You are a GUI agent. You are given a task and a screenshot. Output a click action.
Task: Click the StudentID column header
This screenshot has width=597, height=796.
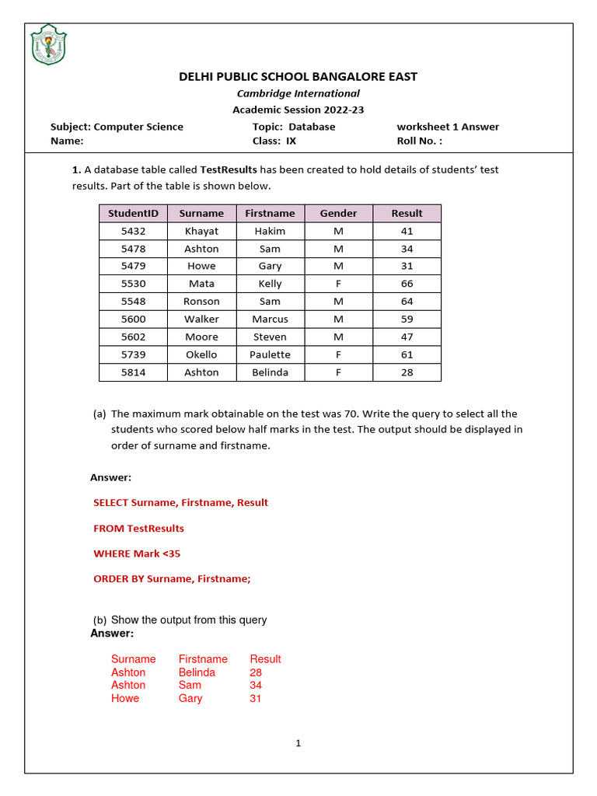click(133, 213)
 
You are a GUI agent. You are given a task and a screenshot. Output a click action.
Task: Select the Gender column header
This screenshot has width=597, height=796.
click(339, 213)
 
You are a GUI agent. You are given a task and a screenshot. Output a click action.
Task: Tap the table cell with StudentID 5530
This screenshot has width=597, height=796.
click(133, 284)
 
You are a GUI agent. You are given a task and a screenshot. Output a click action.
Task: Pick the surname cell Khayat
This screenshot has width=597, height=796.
click(201, 231)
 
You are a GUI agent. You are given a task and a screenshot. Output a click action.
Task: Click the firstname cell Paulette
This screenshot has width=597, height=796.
click(270, 354)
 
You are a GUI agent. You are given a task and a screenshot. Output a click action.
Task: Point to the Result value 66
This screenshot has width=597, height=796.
click(407, 284)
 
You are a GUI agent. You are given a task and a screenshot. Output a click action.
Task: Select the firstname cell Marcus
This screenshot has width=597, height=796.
click(270, 319)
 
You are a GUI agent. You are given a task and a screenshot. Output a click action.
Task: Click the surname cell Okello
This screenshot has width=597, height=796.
click(201, 354)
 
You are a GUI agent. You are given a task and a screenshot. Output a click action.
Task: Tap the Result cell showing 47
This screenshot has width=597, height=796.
click(407, 337)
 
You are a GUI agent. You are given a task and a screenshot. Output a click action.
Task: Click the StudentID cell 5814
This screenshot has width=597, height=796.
click(133, 372)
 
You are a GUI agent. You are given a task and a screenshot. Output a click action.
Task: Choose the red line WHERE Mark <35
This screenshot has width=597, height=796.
click(137, 553)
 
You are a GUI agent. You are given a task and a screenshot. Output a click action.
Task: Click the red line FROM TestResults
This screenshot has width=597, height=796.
click(138, 528)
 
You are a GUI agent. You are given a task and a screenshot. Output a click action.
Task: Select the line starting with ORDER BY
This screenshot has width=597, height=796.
click(172, 578)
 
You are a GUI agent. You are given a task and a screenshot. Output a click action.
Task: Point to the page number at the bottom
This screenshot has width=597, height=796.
click(298, 743)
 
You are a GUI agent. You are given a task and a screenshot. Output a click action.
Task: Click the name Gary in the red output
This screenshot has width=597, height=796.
click(190, 698)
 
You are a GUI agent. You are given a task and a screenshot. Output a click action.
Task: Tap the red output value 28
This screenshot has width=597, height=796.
click(256, 672)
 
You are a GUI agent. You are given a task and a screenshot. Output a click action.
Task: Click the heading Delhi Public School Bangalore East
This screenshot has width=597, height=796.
click(298, 76)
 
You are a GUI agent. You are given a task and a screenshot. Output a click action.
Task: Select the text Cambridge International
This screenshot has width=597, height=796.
click(298, 93)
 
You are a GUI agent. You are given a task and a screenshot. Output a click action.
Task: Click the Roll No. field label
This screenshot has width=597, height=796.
click(419, 141)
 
